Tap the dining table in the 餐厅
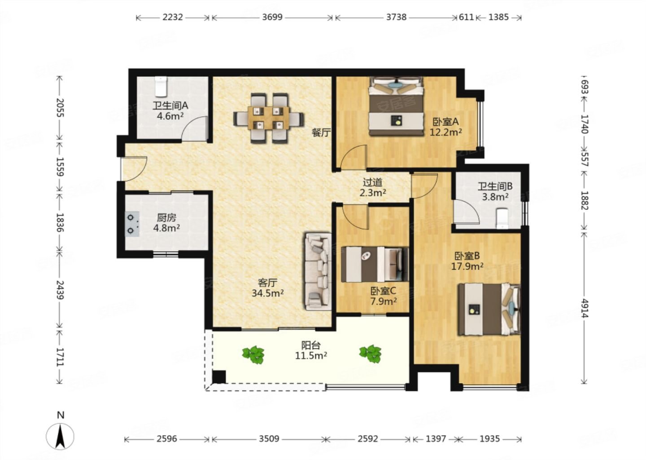click(x=269, y=118)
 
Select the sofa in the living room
click(x=318, y=271)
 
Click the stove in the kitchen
click(x=132, y=224)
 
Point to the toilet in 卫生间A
click(x=161, y=86)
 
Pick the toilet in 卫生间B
click(x=502, y=219)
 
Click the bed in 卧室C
click(x=375, y=264)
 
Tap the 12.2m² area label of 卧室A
click(x=445, y=133)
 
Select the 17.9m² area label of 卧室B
click(x=467, y=266)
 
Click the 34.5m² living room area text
click(x=268, y=293)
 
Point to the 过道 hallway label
click(x=373, y=182)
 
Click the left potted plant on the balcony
click(x=253, y=354)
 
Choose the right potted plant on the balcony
click(x=371, y=354)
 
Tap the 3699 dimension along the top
click(x=272, y=18)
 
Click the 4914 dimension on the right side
click(x=584, y=308)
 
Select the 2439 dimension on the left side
click(x=60, y=290)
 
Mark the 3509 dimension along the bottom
click(x=269, y=439)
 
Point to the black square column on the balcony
click(x=219, y=377)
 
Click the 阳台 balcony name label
click(x=311, y=345)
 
